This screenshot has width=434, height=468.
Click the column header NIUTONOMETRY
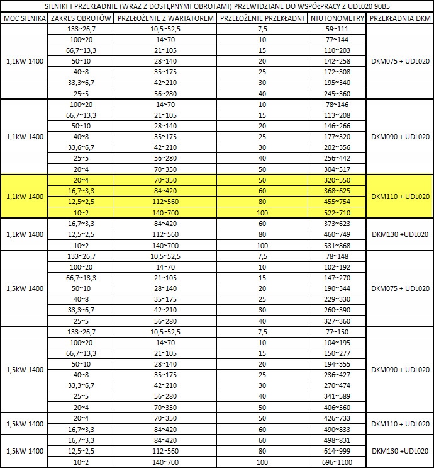[338, 18]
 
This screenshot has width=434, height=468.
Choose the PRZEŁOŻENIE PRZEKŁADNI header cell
[262, 18]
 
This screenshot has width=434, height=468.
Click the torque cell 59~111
[338, 29]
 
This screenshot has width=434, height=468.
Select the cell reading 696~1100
[338, 462]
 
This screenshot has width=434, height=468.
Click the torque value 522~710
[338, 213]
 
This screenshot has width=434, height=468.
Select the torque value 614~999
[338, 451]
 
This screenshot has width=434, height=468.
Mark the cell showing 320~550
[338, 180]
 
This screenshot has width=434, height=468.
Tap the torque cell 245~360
[338, 93]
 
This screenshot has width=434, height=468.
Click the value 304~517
[338, 169]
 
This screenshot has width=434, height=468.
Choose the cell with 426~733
[338, 418]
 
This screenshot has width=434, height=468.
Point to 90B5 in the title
[381, 6]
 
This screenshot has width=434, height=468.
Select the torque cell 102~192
[338, 266]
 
